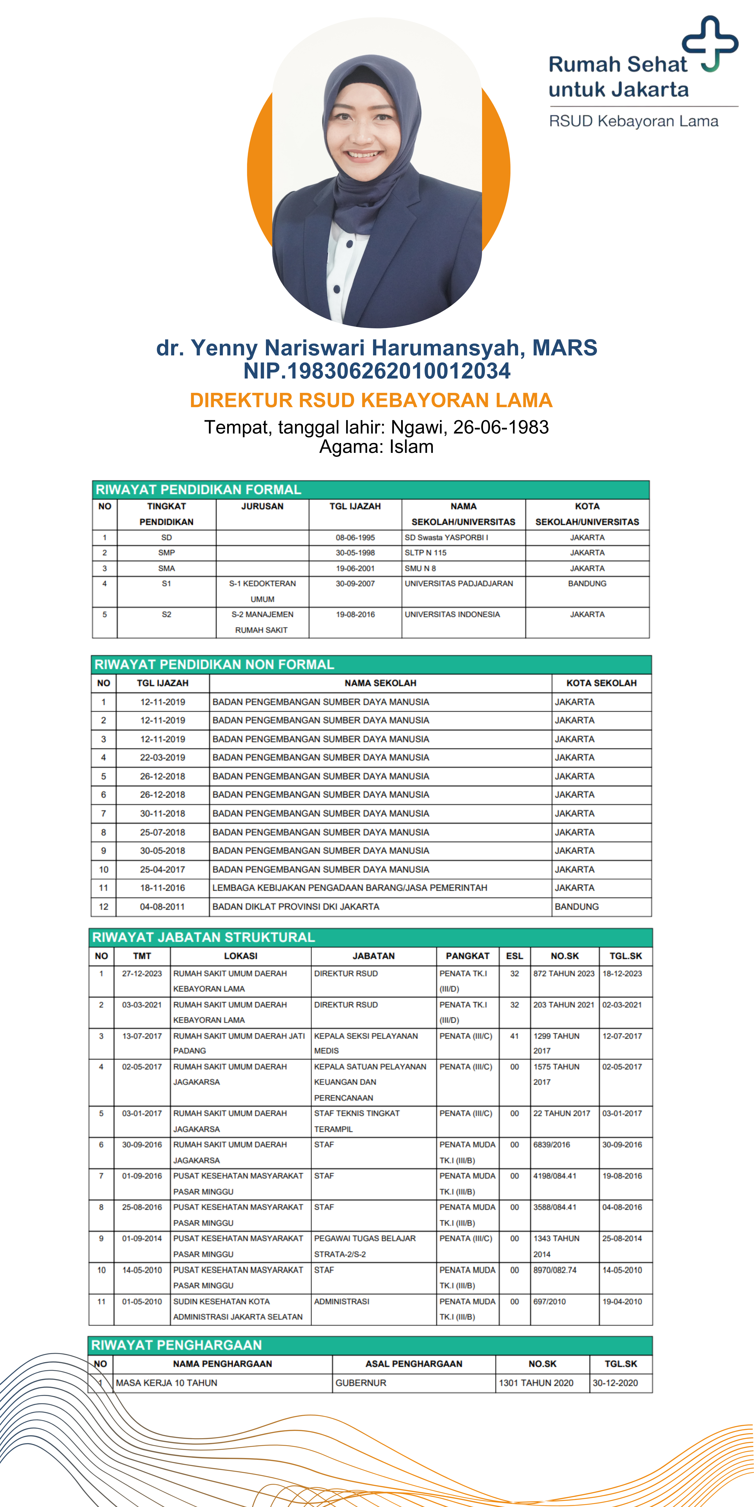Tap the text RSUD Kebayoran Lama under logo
(633, 121)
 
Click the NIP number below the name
(376, 371)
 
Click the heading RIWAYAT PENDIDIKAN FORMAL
(199, 490)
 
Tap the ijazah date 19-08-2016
(355, 614)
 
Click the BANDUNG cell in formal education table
(587, 583)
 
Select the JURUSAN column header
(262, 506)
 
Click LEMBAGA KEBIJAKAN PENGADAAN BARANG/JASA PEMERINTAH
(350, 887)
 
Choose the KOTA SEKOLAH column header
(601, 683)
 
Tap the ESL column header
(514, 956)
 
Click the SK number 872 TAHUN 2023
(564, 974)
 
